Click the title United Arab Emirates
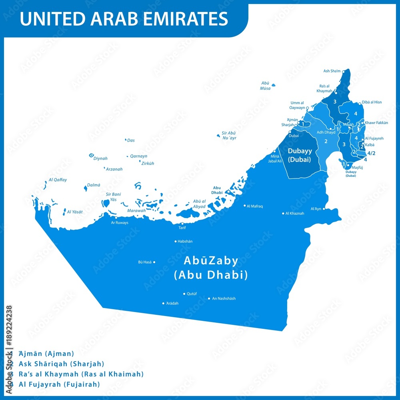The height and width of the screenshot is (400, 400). pos(124,19)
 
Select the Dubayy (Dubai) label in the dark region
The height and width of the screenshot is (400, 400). pos(299,155)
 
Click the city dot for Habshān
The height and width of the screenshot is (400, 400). pos(176,241)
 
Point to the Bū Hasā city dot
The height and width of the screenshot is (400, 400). pos(154,262)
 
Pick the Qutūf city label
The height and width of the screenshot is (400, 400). pos(192,294)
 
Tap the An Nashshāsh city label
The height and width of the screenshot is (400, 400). pos(224,298)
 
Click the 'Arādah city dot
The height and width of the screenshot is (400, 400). pos(163,303)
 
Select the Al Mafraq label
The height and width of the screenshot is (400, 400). pos(255,206)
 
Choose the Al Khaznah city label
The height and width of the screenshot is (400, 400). pos(294,213)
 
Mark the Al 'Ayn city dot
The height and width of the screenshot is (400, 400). pos(324,209)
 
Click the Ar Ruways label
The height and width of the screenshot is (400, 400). pos(120,222)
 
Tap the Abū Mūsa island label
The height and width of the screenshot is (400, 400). pos(265,86)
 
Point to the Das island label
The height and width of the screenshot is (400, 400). pos(131,140)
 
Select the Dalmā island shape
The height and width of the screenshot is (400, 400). pos(85,188)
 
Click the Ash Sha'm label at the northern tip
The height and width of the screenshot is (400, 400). pos(332,71)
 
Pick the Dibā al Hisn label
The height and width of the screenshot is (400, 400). pos(372,102)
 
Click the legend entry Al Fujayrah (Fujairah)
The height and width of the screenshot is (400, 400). pos(59,384)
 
